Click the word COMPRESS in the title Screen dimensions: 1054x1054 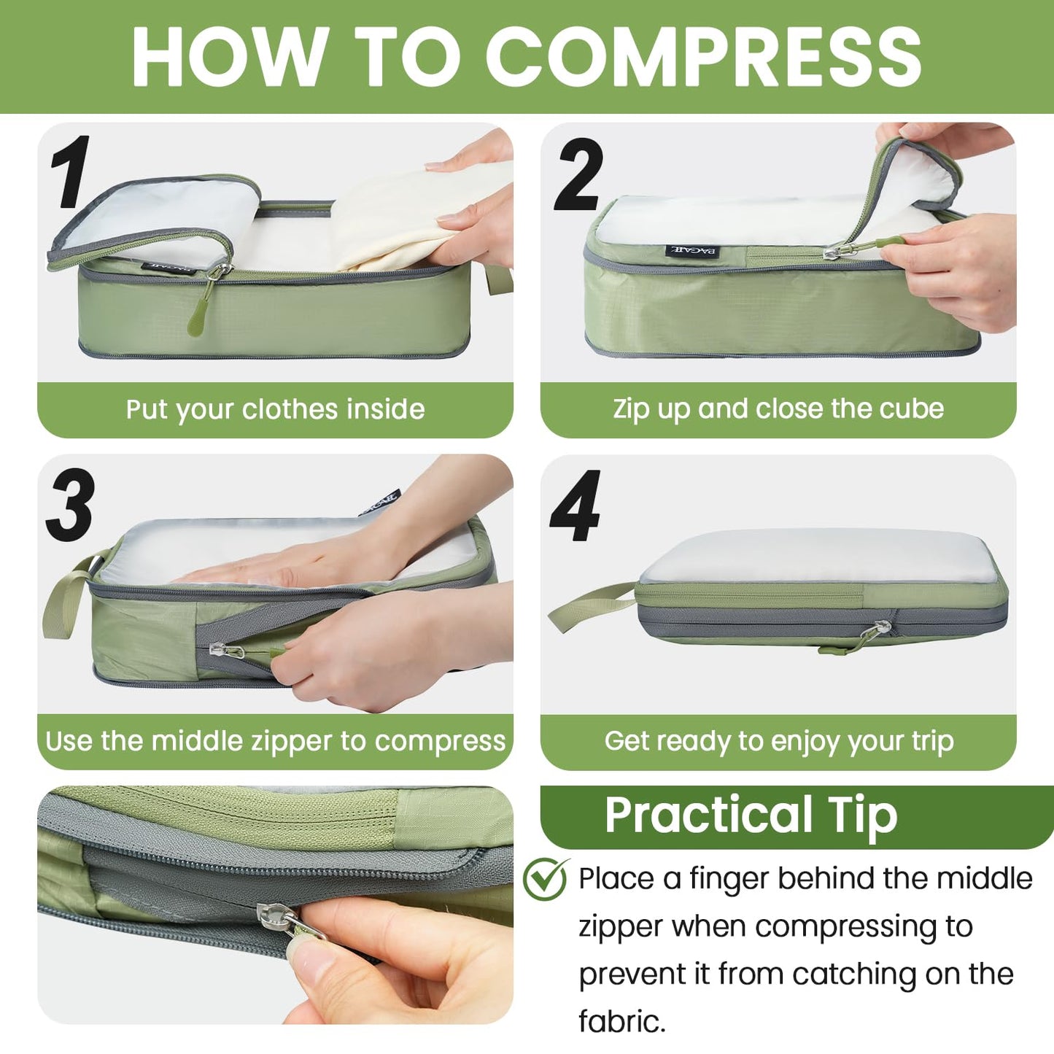pyautogui.click(x=704, y=57)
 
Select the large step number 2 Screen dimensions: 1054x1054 pyautogui.click(x=578, y=175)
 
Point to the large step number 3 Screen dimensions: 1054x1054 pyautogui.click(x=71, y=505)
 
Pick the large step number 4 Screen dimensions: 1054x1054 pyautogui.click(x=576, y=506)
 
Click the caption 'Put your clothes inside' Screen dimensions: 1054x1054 pyautogui.click(x=275, y=409)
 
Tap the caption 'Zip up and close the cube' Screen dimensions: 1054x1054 pyautogui.click(x=778, y=408)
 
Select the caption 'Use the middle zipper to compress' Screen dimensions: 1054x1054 pyautogui.click(x=275, y=741)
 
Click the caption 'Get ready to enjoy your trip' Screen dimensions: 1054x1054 pyautogui.click(x=778, y=741)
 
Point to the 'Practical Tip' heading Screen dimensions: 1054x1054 pyautogui.click(x=751, y=815)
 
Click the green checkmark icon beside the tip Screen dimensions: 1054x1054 pyautogui.click(x=545, y=879)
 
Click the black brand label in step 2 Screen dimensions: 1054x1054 pyautogui.click(x=694, y=252)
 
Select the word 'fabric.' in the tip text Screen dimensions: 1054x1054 pyautogui.click(x=621, y=1021)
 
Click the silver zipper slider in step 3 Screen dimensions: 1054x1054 pyautogui.click(x=217, y=649)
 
